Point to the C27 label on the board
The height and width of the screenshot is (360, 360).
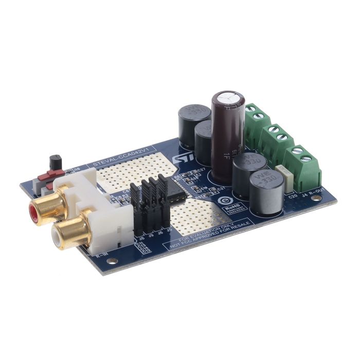coord(201,170)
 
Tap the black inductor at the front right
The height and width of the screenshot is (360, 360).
coord(265,192)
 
